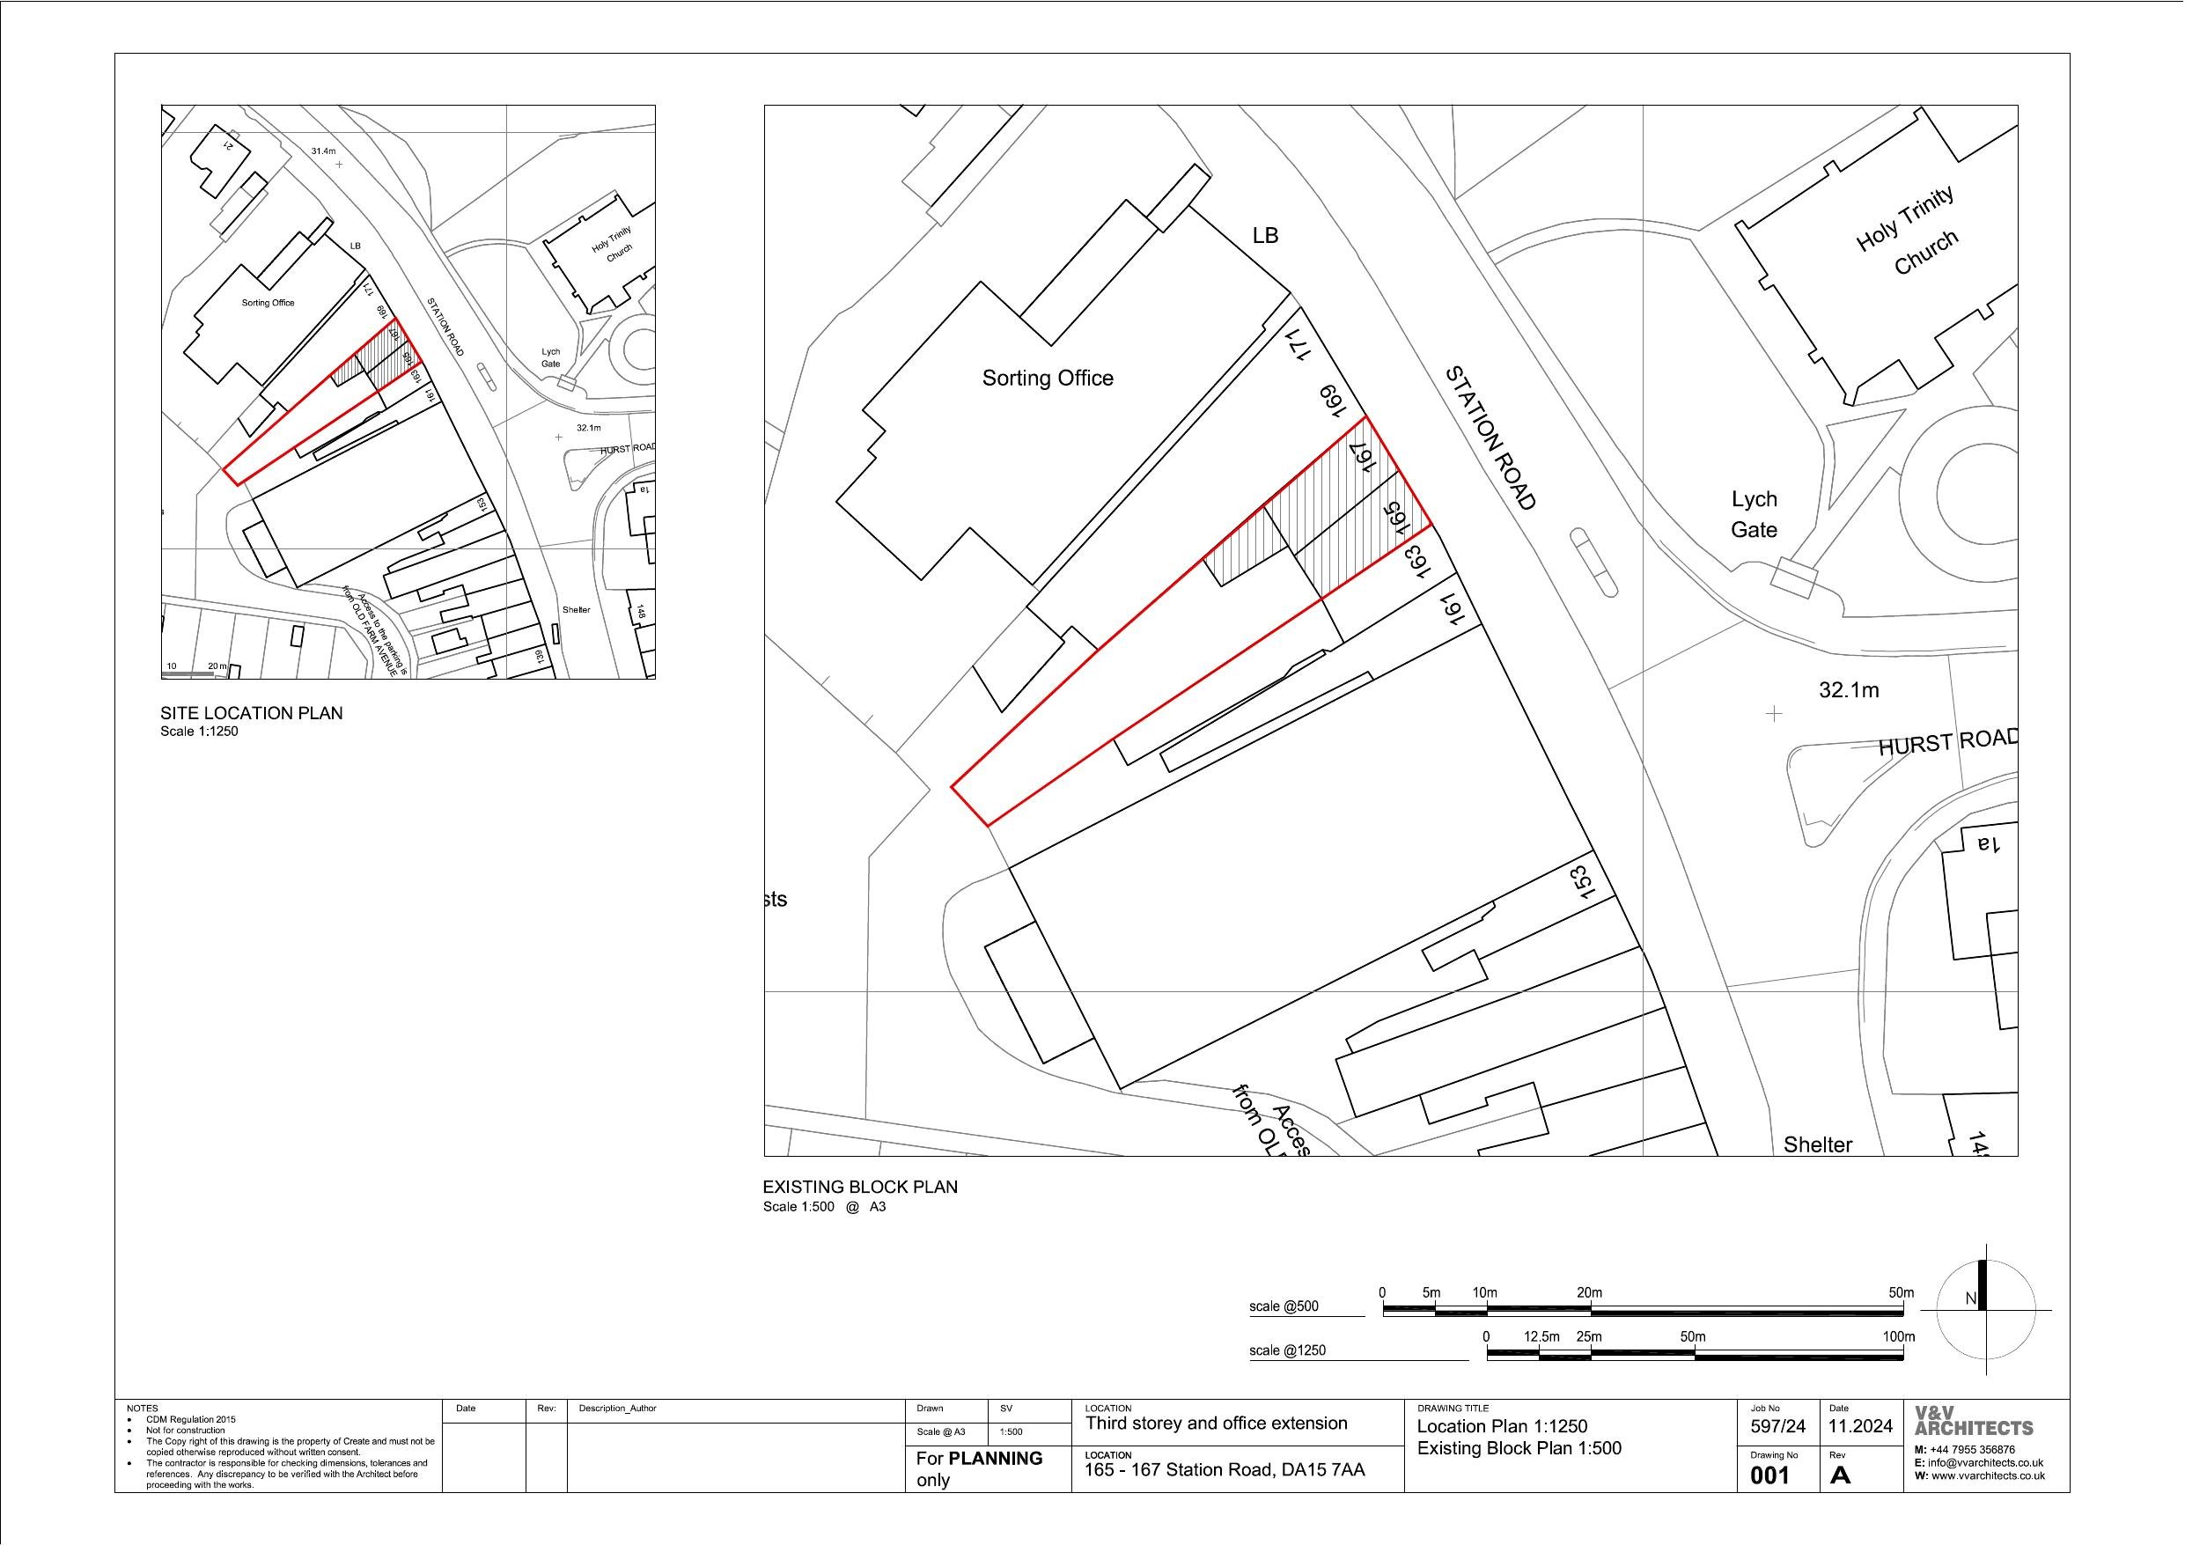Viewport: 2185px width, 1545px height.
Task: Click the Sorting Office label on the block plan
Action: pyautogui.click(x=1047, y=378)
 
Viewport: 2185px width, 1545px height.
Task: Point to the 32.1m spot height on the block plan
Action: pyautogui.click(x=1848, y=690)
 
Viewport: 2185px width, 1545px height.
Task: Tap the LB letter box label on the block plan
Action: pyautogui.click(x=1265, y=234)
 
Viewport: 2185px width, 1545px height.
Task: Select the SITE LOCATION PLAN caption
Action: pyautogui.click(x=251, y=713)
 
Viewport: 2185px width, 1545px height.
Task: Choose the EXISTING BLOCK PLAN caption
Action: pyautogui.click(x=860, y=1187)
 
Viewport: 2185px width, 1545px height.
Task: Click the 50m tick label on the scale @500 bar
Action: pyautogui.click(x=1901, y=1292)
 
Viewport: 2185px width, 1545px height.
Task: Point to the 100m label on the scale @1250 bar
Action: pyautogui.click(x=1898, y=1336)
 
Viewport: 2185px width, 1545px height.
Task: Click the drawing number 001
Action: pyautogui.click(x=1769, y=1476)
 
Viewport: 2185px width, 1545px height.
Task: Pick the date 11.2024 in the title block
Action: pyautogui.click(x=1859, y=1427)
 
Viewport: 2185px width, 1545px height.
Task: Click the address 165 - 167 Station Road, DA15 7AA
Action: pyautogui.click(x=1224, y=1470)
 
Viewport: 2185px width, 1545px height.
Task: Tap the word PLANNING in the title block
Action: pyautogui.click(x=996, y=1459)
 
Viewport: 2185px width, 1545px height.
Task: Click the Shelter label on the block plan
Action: pyautogui.click(x=1817, y=1145)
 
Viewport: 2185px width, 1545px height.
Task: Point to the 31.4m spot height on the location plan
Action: pyautogui.click(x=324, y=151)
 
